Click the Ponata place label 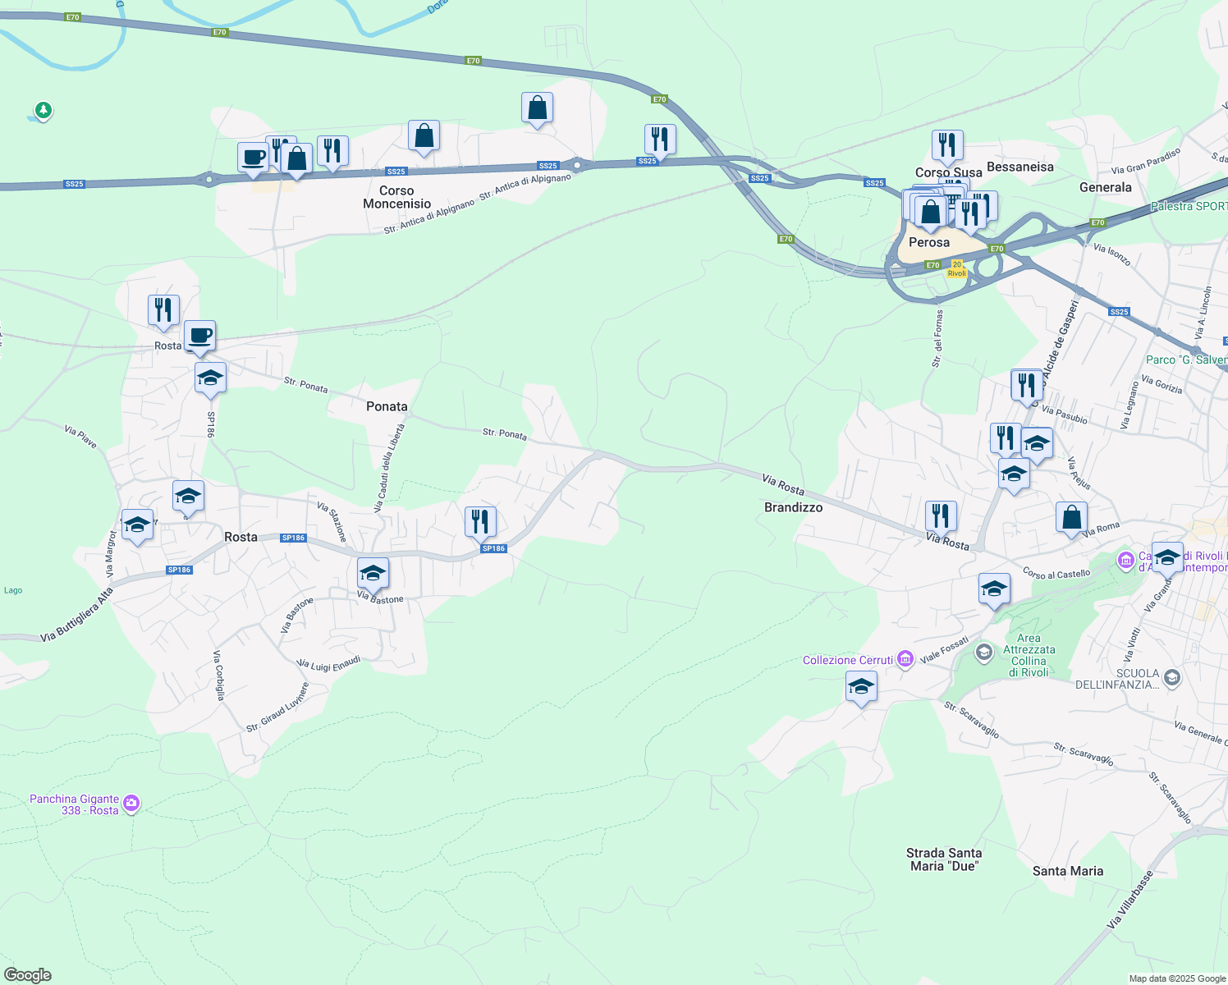387,406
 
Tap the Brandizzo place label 793,507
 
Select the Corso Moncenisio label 396,197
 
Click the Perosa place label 928,242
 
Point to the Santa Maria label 1067,871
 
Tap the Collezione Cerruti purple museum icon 905,659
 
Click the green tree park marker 44,109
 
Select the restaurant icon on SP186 479,521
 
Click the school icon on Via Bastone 373,573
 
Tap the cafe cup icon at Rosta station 199,335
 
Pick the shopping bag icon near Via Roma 1071,517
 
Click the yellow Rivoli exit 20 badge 957,268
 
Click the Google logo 28,975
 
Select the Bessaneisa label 1020,167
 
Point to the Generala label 1105,187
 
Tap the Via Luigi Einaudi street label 329,664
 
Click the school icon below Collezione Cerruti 860,687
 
